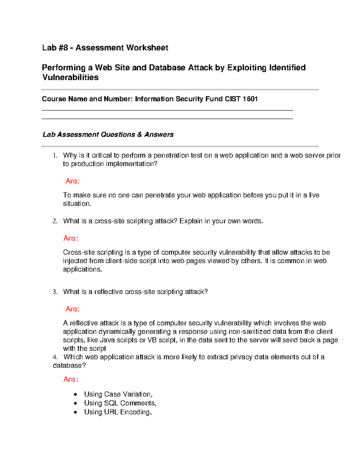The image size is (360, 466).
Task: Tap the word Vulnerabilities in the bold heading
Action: tap(70, 77)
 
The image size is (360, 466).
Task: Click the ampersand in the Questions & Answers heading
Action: tap(139, 135)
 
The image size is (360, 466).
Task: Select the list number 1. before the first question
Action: tap(55, 155)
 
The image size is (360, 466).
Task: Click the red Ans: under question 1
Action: tap(73, 181)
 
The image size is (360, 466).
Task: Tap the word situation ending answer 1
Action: tap(76, 204)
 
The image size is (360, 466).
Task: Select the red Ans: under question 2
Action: tap(71, 239)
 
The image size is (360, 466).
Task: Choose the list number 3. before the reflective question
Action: tap(55, 292)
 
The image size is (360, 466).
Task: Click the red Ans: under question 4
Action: tap(71, 380)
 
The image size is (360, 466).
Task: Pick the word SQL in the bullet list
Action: tap(111, 403)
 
